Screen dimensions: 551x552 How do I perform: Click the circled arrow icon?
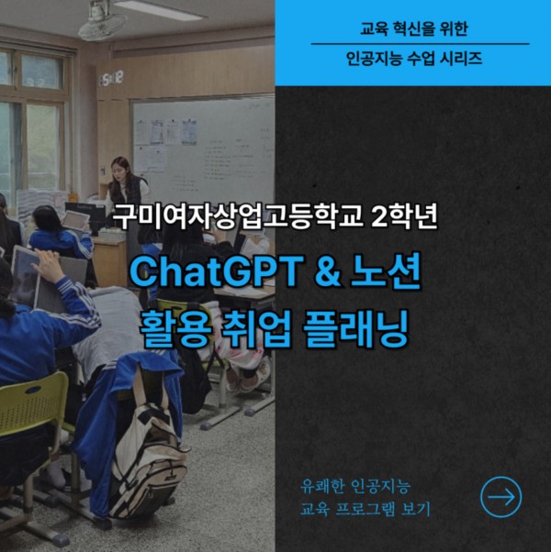(500, 497)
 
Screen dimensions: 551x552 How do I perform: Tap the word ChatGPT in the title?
(217, 271)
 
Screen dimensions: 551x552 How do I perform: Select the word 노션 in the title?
(386, 270)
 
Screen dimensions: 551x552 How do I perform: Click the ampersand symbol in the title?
(327, 271)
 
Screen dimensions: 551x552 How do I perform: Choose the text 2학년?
(404, 216)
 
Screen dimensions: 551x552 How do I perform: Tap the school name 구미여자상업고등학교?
(238, 216)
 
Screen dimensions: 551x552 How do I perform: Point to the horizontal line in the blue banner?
(421, 44)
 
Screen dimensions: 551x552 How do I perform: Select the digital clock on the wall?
(111, 78)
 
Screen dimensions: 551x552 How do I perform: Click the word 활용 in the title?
(175, 329)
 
